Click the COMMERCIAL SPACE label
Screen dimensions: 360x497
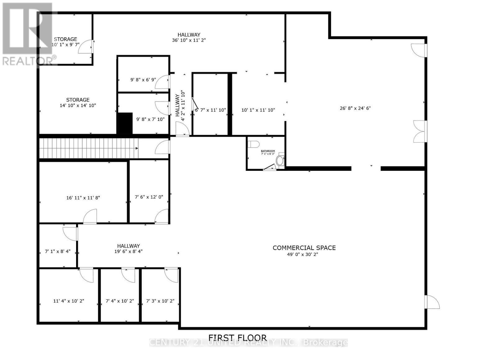click(304, 248)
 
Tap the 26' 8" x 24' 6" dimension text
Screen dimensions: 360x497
click(355, 108)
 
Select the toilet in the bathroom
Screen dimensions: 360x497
click(254, 145)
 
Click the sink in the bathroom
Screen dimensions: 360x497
click(280, 161)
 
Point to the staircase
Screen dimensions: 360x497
click(89, 148)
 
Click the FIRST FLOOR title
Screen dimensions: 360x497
click(237, 338)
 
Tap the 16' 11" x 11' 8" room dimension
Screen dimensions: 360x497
click(83, 198)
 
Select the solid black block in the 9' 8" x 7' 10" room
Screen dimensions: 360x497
click(125, 123)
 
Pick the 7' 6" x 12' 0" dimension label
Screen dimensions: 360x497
click(149, 197)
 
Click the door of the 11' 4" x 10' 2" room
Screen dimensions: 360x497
click(87, 275)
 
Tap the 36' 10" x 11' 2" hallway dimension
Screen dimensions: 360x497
click(189, 40)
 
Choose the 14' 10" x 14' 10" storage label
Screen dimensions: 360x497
click(78, 105)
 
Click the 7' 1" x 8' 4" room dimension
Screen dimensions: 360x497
click(57, 251)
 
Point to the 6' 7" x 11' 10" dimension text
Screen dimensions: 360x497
click(210, 110)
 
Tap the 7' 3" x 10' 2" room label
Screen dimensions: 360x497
click(160, 301)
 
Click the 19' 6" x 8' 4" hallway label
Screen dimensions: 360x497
click(128, 251)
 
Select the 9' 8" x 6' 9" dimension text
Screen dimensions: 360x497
click(143, 80)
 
